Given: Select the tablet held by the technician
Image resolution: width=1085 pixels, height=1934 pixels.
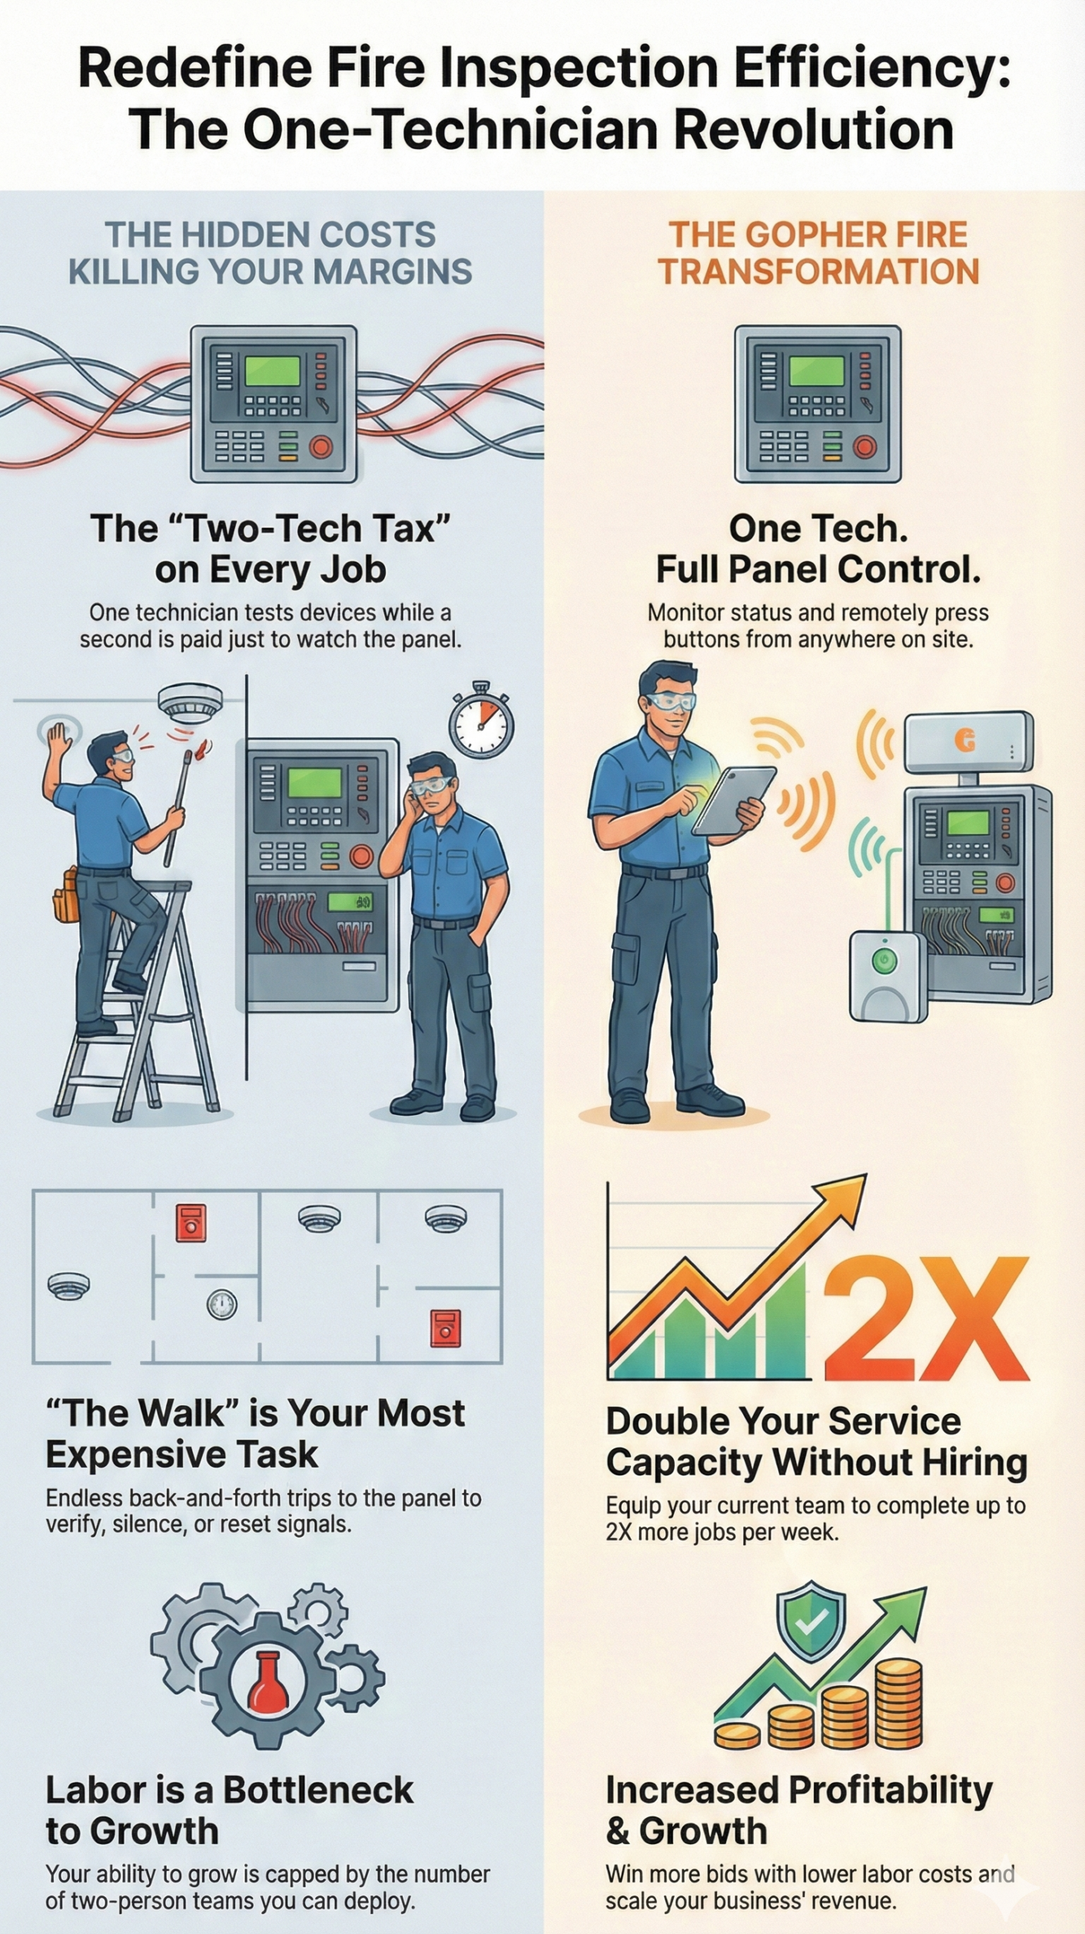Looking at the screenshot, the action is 734,800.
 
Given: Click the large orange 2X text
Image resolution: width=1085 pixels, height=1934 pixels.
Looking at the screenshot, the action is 926,1320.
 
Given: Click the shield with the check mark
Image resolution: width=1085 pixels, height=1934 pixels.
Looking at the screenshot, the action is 811,1621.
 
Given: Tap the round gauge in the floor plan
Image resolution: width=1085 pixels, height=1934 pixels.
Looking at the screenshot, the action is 222,1303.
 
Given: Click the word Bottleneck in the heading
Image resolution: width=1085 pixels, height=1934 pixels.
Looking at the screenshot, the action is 318,1790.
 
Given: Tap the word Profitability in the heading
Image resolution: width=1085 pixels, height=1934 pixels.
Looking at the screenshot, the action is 891,1792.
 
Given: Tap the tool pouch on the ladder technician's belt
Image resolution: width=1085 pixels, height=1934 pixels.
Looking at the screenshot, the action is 67,896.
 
